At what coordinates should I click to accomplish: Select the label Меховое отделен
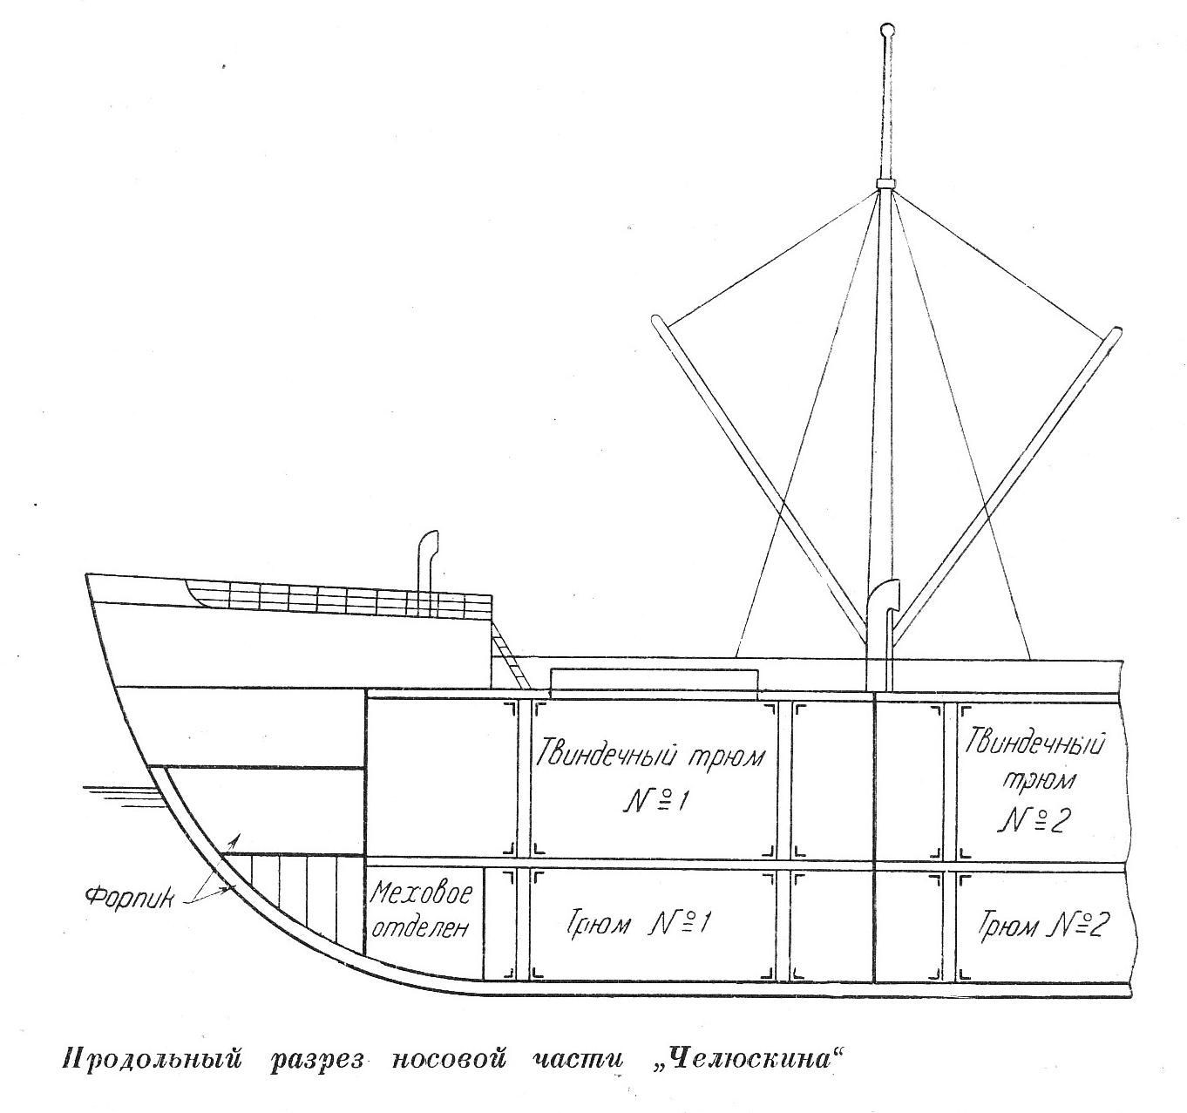(422, 910)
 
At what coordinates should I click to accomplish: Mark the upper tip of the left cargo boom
(658, 321)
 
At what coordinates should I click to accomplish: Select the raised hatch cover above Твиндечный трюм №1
(654, 678)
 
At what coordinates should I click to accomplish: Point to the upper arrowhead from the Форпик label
(233, 838)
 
